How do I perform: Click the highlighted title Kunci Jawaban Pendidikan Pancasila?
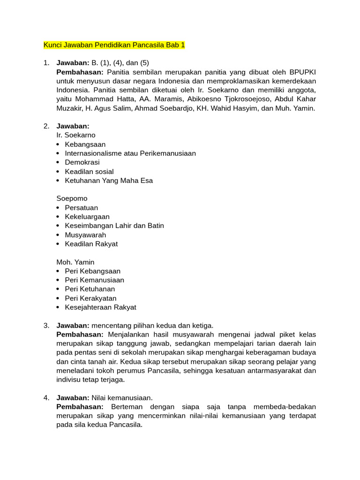114,45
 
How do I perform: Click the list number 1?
46,63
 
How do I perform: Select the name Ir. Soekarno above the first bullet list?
76,135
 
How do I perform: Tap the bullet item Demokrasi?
82,162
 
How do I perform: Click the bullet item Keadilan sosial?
89,172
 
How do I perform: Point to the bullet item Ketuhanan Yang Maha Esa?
109,180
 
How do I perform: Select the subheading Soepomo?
72,199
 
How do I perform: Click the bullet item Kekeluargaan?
87,217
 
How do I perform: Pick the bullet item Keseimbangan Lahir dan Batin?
114,225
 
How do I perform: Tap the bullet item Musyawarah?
85,235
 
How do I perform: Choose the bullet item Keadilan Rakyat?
91,244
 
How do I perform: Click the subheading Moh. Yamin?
75,262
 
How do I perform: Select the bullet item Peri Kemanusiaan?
95,280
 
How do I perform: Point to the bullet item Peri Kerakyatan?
91,298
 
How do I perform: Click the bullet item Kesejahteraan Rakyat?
101,307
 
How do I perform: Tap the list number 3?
46,325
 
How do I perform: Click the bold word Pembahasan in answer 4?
80,407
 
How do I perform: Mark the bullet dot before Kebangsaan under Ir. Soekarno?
58,144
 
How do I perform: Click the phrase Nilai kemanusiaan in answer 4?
122,398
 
